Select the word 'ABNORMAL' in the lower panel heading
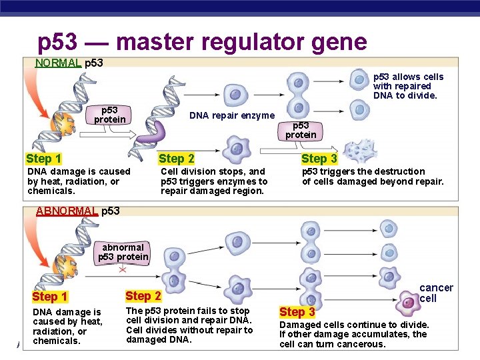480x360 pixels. pyautogui.click(x=67, y=211)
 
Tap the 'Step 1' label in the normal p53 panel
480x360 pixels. pyautogui.click(x=44, y=159)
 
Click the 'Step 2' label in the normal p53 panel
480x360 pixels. pyautogui.click(x=177, y=159)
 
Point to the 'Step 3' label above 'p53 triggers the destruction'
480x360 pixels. pyautogui.click(x=319, y=159)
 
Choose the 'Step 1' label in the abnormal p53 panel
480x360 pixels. pyautogui.click(x=50, y=297)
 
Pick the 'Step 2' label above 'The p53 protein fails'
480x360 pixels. pyautogui.click(x=143, y=295)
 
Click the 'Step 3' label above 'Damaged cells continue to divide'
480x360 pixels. pyautogui.click(x=297, y=312)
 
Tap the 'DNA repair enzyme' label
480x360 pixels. pyautogui.click(x=232, y=115)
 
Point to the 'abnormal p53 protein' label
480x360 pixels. pyautogui.click(x=123, y=252)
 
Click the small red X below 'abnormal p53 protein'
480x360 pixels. pyautogui.click(x=123, y=270)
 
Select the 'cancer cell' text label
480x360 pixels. pyautogui.click(x=436, y=293)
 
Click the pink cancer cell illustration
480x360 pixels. pyautogui.click(x=407, y=303)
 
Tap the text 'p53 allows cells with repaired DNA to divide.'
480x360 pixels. pyautogui.click(x=408, y=86)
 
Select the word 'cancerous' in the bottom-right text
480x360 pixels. pyautogui.click(x=363, y=344)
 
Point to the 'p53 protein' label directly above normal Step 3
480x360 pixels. pyautogui.click(x=301, y=130)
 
